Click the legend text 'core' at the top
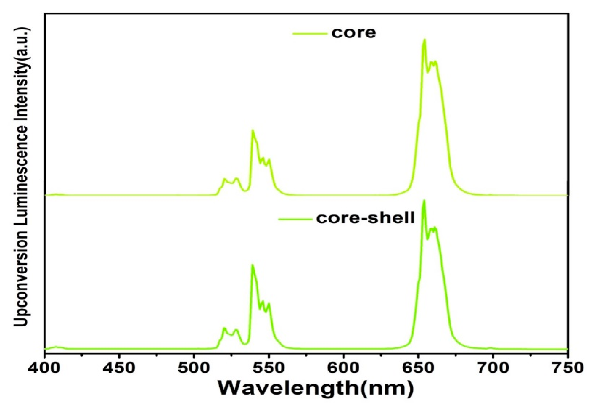354,33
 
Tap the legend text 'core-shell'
365,218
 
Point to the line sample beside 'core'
309,34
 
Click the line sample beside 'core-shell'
295,219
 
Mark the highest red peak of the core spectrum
424,40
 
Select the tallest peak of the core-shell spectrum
424,201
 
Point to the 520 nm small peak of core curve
224,179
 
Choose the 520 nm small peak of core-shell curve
224,328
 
